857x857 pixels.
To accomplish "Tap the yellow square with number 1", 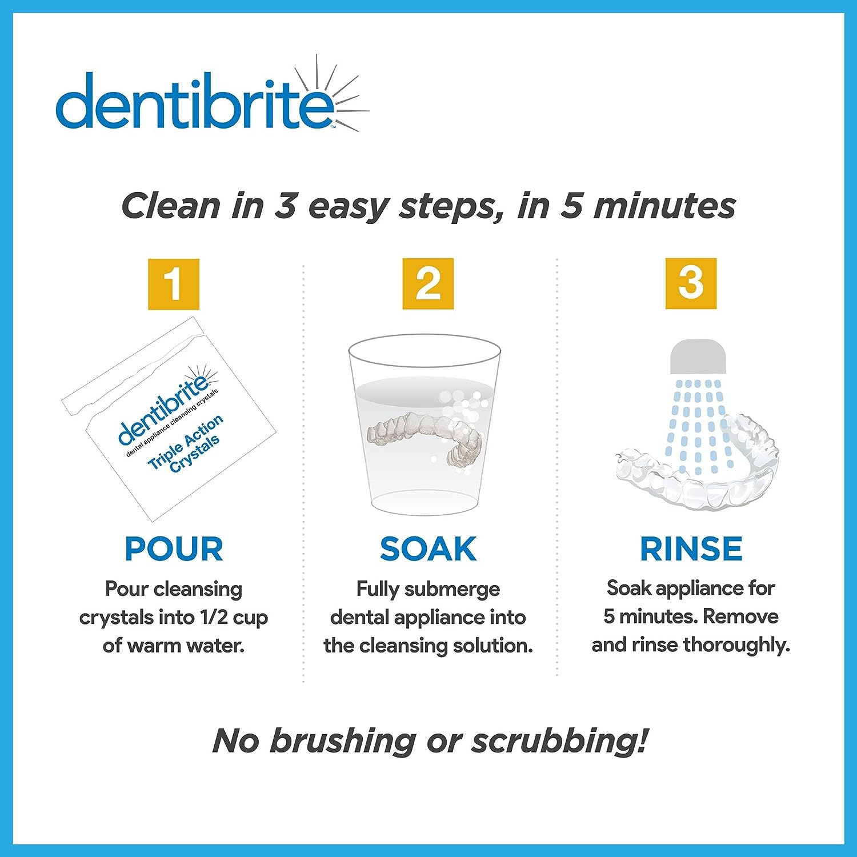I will [174, 284].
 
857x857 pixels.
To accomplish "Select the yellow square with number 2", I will [428, 283].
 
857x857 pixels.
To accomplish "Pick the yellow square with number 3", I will [691, 283].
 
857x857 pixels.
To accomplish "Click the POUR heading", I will [174, 549].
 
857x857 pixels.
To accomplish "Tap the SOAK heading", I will [428, 549].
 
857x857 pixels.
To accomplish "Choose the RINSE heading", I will [691, 549].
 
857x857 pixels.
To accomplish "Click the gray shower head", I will [698, 357].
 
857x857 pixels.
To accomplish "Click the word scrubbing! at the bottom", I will [560, 741].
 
